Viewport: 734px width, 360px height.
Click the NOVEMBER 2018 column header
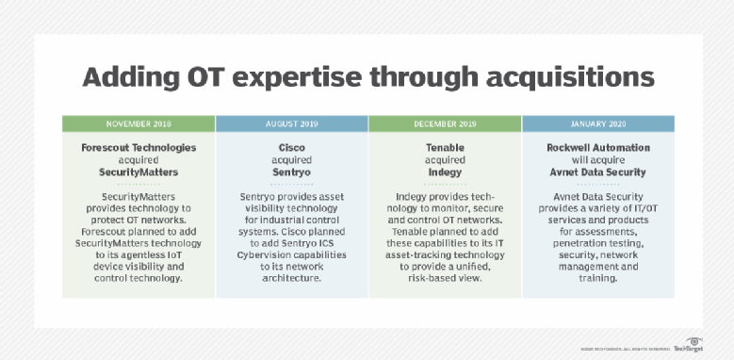139,123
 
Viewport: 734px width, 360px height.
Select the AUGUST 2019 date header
291,123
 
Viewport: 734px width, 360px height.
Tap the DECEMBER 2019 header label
444,123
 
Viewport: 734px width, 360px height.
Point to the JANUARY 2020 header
596,123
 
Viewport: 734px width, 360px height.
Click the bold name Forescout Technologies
139,147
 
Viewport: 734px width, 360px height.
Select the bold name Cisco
291,147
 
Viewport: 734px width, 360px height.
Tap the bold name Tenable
444,147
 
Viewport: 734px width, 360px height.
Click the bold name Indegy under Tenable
444,172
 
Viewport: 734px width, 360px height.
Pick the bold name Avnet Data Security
596,172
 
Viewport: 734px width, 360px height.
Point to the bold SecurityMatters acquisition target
139,172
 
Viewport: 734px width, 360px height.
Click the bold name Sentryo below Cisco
291,172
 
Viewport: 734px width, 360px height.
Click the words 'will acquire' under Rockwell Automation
596,160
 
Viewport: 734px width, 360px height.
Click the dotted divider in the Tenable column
444,186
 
